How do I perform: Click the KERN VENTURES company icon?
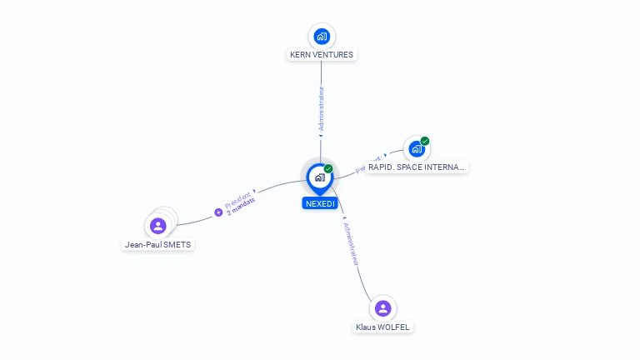tap(322, 36)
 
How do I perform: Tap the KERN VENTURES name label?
tap(322, 55)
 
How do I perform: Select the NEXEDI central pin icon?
tap(320, 177)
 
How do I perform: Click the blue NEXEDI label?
tap(320, 203)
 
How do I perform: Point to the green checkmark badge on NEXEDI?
tap(328, 169)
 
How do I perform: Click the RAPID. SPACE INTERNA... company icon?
tap(416, 149)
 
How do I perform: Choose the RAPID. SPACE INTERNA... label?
tap(416, 167)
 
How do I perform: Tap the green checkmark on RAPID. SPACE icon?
tap(425, 141)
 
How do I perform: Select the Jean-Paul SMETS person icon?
tap(158, 226)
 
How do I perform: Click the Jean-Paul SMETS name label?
tap(158, 245)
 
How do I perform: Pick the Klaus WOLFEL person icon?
tap(382, 308)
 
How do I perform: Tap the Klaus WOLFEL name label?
tap(382, 327)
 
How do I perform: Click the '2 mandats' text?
tap(241, 205)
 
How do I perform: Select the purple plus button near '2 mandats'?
tap(219, 212)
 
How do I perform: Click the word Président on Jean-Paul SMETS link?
tap(237, 198)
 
